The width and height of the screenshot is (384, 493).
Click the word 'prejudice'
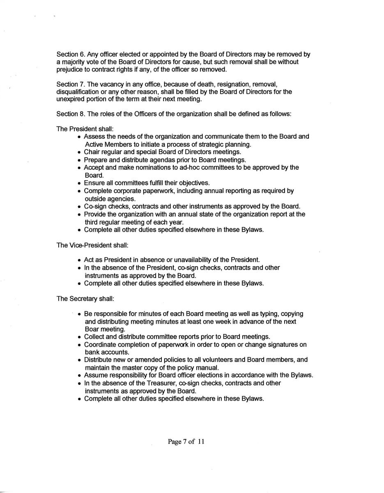[70, 69]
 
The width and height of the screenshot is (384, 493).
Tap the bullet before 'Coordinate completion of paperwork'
[79, 345]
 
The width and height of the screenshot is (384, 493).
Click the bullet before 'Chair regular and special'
[79, 152]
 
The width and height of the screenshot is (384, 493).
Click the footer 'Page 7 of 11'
[186, 442]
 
